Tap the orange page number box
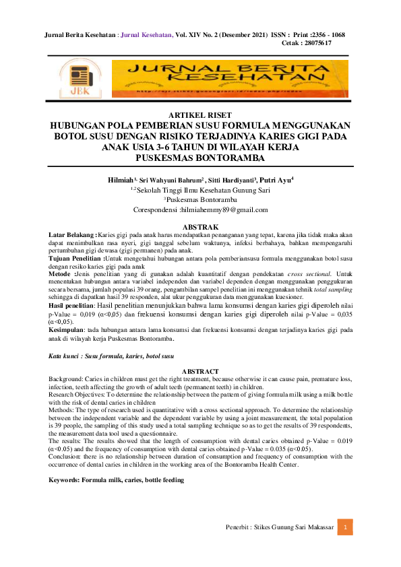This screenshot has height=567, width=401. click(x=344, y=527)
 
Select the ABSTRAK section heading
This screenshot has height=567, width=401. click(x=200, y=226)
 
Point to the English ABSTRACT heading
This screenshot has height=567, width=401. click(x=200, y=371)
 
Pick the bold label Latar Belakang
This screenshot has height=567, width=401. click(x=72, y=234)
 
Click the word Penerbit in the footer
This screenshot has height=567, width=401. click(x=239, y=527)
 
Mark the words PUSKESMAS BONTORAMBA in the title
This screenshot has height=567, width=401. click(x=200, y=158)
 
